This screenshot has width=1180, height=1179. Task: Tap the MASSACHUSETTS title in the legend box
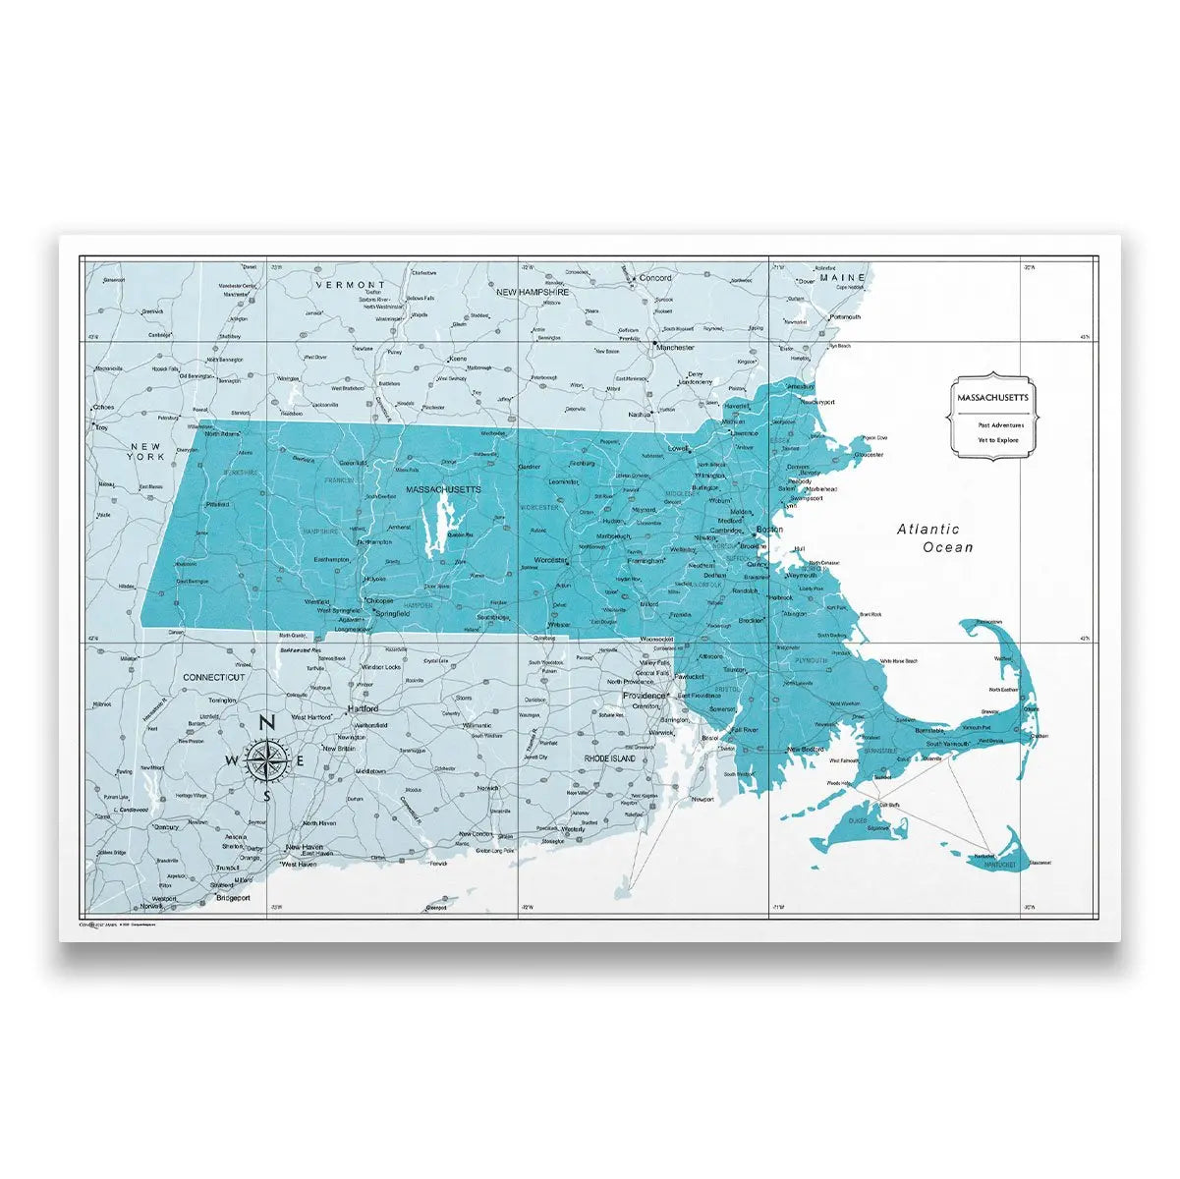992,397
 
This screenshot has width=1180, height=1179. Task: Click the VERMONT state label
351,284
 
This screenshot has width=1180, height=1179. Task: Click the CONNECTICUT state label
213,677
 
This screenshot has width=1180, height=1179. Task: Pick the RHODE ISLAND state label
610,758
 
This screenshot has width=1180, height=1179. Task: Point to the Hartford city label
363,708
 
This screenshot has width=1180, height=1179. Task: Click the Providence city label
645,695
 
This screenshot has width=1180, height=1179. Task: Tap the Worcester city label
550,560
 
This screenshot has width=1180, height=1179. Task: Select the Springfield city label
393,611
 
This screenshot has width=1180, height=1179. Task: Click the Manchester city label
675,347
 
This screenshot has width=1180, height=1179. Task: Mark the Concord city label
655,278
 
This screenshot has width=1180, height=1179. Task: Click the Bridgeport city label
233,897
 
